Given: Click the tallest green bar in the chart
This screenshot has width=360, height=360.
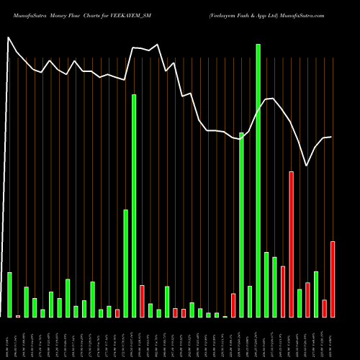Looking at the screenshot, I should click(x=258, y=180).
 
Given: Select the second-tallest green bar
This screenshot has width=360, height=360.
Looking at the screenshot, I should click(x=134, y=205).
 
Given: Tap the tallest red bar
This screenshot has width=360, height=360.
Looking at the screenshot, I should click(x=291, y=244).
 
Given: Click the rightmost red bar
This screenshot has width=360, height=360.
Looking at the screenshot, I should click(x=333, y=279).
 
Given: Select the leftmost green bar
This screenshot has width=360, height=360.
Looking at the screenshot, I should click(x=9, y=294).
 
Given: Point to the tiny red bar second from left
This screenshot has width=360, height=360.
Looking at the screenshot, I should click(x=18, y=316).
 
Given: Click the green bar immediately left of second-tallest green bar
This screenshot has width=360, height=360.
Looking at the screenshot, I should click(x=125, y=263).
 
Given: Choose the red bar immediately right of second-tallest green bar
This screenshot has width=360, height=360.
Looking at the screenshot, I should click(x=142, y=301).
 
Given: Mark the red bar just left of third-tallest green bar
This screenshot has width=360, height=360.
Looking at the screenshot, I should click(x=233, y=305).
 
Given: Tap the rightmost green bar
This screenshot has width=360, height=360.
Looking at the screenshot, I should click(x=316, y=294).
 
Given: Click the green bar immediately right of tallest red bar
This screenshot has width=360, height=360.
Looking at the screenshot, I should click(x=300, y=303).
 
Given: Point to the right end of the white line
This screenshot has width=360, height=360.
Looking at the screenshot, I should click(x=331, y=137).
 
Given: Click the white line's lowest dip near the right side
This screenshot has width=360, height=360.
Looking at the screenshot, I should click(x=307, y=166).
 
